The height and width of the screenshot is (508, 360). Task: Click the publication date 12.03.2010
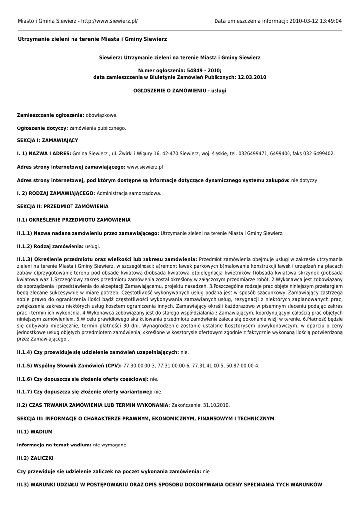(x=252, y=77)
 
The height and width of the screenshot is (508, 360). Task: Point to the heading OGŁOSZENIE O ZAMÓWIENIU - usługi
(x=180, y=91)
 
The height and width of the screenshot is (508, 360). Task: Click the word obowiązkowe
(x=102, y=115)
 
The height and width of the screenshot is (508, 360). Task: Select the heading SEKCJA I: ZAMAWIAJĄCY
(x=48, y=141)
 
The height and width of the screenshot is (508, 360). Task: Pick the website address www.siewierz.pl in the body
(x=145, y=167)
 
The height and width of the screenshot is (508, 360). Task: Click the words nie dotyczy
(x=304, y=180)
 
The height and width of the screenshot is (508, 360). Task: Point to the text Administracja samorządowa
(x=129, y=193)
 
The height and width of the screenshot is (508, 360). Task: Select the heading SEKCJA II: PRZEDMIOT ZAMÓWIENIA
(x=63, y=206)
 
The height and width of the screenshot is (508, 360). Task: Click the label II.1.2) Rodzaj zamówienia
(x=50, y=246)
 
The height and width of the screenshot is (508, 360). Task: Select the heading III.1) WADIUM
(x=35, y=432)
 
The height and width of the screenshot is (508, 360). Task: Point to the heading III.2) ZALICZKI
(x=35, y=458)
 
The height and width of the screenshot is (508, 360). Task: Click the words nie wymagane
(x=110, y=445)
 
